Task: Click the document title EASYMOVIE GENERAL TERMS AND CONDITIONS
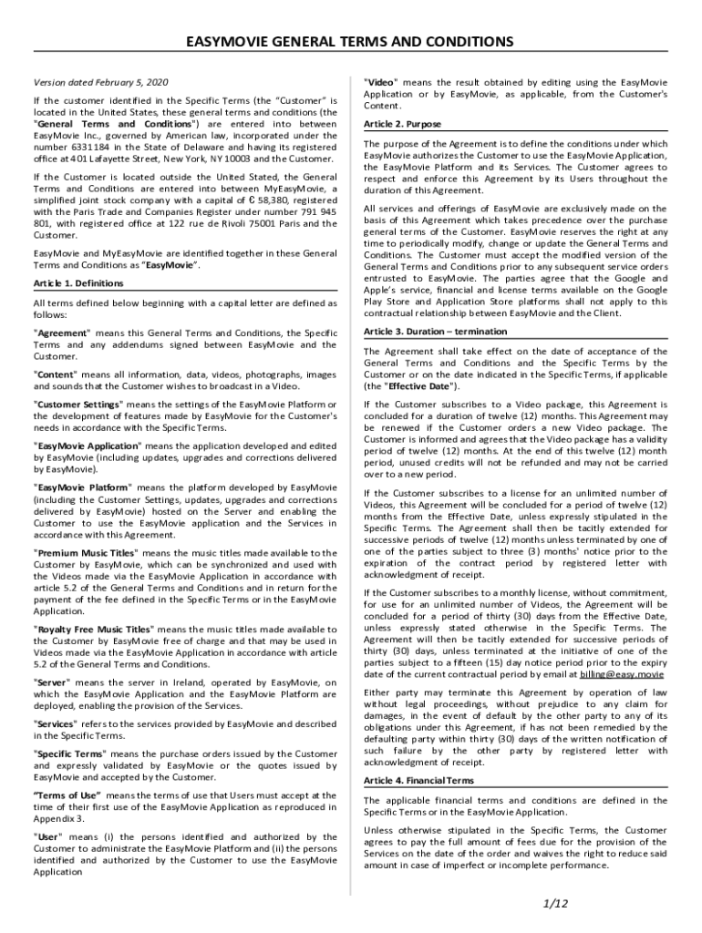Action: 350,42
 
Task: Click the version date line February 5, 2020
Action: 100,82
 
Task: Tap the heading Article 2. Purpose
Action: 402,124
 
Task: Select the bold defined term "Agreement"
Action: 62,333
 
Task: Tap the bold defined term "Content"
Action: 57,374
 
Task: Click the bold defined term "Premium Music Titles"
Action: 86,553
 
